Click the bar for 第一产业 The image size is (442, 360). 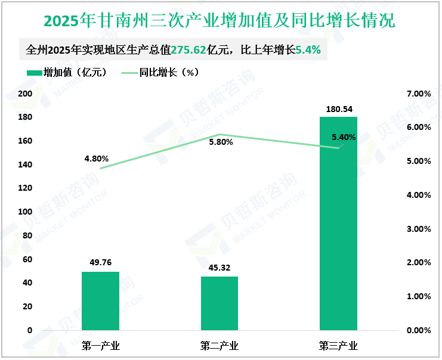100,300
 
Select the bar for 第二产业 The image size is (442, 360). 220,303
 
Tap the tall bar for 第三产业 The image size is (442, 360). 338,223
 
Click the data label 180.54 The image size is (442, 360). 338,109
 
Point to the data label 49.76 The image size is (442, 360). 100,263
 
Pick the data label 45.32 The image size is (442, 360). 220,268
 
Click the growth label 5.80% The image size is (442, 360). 221,142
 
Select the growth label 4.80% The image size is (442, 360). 97,159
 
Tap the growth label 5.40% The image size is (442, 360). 344,137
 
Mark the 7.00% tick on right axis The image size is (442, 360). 418,94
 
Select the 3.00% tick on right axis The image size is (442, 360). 418,228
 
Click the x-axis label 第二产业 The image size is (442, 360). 220,346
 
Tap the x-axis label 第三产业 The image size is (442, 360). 338,346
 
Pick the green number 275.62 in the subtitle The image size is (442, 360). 190,51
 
